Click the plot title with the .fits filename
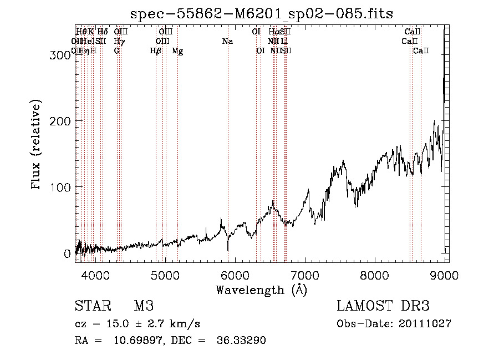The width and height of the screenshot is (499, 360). point(261,14)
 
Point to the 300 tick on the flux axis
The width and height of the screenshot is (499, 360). point(59,55)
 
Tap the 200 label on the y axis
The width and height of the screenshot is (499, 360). point(59,121)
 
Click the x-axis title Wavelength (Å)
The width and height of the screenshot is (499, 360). point(261,290)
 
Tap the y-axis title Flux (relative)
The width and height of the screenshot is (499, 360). point(37,145)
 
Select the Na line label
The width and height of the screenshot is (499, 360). point(227,42)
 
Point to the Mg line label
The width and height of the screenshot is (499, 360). point(177,51)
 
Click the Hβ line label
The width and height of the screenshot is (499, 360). point(156,51)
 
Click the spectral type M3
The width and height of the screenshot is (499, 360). point(144,307)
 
